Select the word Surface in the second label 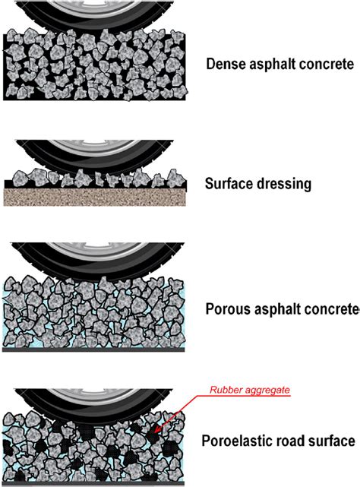[x=228, y=183]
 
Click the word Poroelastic [x=238, y=440]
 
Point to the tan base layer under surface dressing [x=95, y=197]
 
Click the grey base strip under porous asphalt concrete [x=95, y=350]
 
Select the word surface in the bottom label [x=333, y=440]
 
